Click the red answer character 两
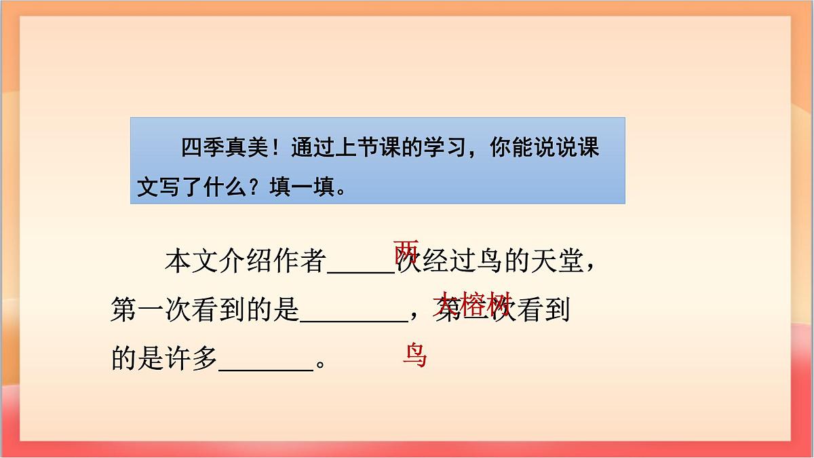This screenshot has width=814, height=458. pos(406,252)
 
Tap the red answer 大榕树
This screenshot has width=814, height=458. pos(471,305)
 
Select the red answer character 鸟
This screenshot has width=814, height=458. pos(414,355)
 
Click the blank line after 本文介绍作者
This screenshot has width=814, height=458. pos(361,269)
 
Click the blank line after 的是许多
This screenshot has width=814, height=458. pos(265,368)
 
